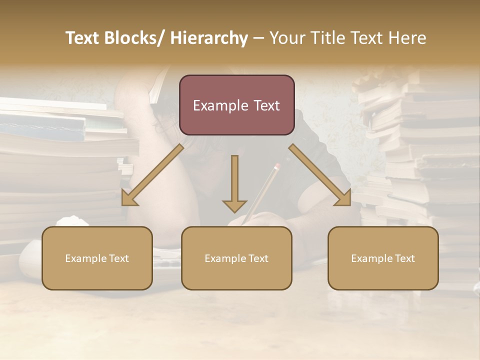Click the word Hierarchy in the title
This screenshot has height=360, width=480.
[x=209, y=38]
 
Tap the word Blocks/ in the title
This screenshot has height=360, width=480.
[x=133, y=38]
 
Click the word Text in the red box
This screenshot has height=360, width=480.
[x=266, y=105]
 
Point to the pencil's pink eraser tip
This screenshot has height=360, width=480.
[x=277, y=164]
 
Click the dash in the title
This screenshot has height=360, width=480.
[x=258, y=38]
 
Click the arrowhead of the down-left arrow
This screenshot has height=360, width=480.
[x=129, y=199]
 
